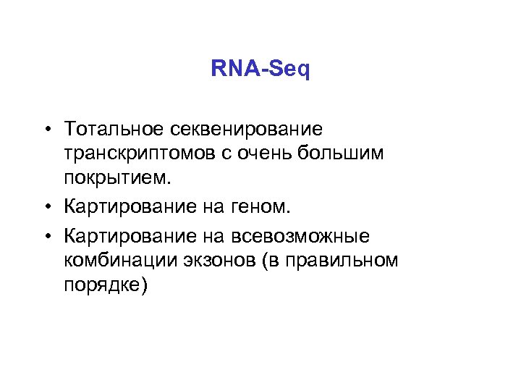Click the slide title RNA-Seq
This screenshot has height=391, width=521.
coord(260,70)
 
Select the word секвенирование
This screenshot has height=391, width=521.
coord(246,130)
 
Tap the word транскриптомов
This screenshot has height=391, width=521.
coord(139,154)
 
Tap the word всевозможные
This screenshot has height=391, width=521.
coord(302,237)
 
